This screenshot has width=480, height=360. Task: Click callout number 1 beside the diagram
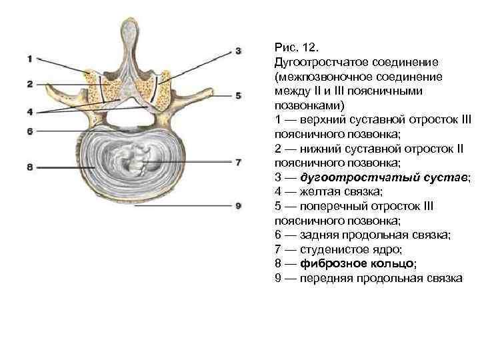pyautogui.click(x=29, y=59)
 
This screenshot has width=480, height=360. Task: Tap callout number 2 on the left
pyautogui.click(x=29, y=84)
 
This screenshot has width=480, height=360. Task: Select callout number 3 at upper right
pyautogui.click(x=238, y=51)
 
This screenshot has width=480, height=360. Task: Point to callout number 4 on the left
pyautogui.click(x=29, y=111)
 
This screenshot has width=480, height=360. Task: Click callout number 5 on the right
pyautogui.click(x=238, y=96)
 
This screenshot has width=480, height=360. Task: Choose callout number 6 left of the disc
pyautogui.click(x=29, y=132)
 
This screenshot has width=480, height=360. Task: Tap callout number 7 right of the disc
pyautogui.click(x=238, y=161)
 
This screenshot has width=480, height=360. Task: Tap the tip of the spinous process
pyautogui.click(x=131, y=25)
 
